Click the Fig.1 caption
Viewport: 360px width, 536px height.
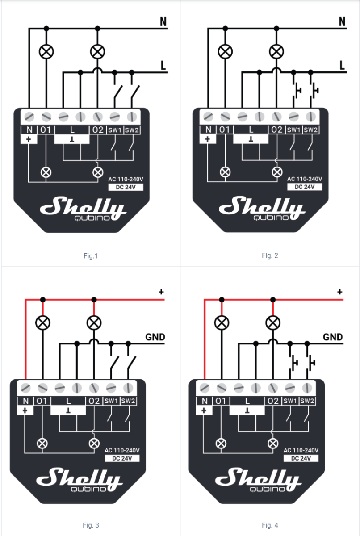(90, 256)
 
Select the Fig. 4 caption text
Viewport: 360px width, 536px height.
(270, 525)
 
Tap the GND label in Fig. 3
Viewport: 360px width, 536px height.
(155, 337)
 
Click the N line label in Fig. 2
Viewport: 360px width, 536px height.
(343, 21)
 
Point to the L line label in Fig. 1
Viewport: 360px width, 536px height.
(163, 66)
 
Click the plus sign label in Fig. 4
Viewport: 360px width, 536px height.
(340, 292)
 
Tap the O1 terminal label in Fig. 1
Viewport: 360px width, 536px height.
(46, 130)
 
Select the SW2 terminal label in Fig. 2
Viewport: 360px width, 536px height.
(311, 130)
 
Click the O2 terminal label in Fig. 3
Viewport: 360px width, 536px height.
(94, 401)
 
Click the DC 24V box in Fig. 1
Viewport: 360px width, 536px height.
(126, 187)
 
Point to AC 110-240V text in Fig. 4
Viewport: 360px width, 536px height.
(301, 450)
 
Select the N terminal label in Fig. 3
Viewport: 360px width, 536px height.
(25, 401)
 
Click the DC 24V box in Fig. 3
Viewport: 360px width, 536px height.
(122, 458)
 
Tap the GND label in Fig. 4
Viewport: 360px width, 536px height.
(333, 337)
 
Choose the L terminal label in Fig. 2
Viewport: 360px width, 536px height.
(251, 130)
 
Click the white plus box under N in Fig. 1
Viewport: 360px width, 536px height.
(29, 139)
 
